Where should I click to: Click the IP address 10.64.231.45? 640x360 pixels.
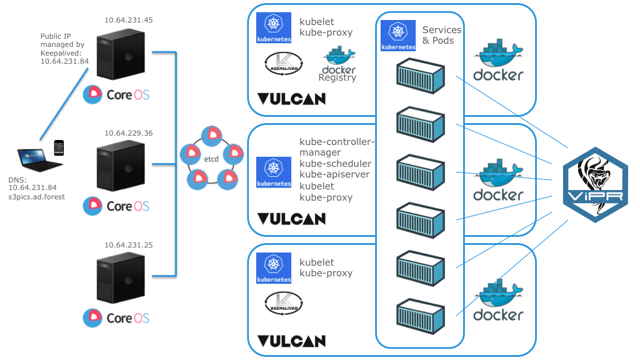pyautogui.click(x=129, y=20)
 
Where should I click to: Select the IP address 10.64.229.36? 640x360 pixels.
pyautogui.click(x=129, y=133)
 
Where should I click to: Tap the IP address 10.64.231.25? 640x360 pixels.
pyautogui.click(x=129, y=244)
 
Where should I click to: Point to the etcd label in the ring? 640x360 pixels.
pyautogui.click(x=211, y=160)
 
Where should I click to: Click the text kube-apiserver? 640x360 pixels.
pyautogui.click(x=335, y=174)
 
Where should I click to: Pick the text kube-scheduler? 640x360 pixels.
pyautogui.click(x=335, y=163)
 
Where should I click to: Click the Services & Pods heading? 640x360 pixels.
pyautogui.click(x=442, y=35)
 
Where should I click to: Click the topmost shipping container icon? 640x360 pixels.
pyautogui.click(x=420, y=74)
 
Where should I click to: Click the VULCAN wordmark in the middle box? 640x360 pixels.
pyautogui.click(x=291, y=219)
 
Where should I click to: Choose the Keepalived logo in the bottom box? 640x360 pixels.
pyautogui.click(x=284, y=302)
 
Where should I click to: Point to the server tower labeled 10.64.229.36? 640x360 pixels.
pyautogui.click(x=121, y=168)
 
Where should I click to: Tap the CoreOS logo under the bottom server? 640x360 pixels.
pyautogui.click(x=117, y=317)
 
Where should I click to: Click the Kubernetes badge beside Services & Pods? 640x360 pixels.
pyautogui.click(x=398, y=36)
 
